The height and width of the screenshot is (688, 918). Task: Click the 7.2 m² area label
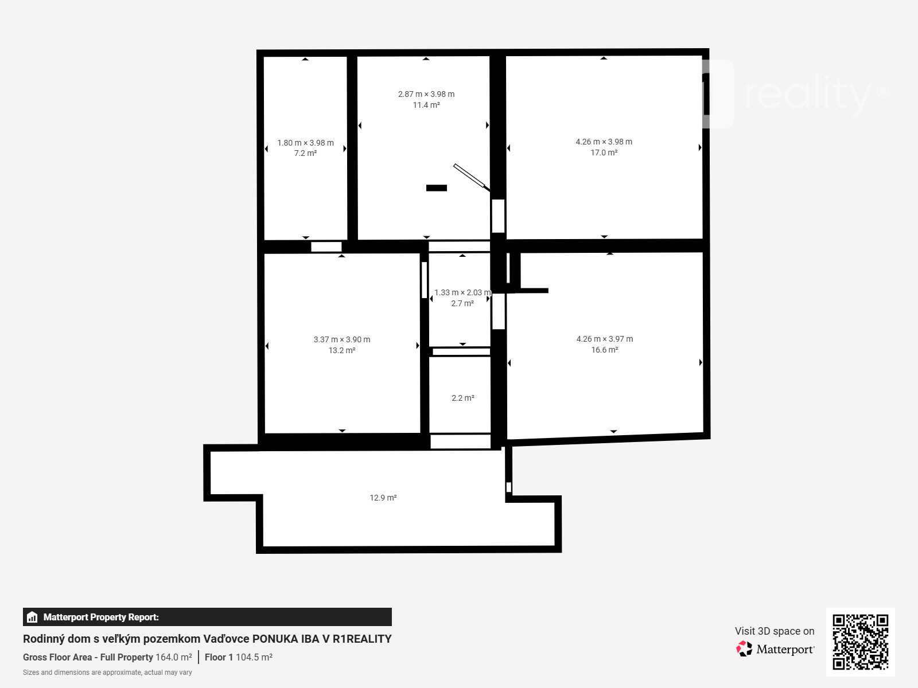coord(305,153)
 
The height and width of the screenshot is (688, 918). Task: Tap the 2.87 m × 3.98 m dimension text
coord(426,94)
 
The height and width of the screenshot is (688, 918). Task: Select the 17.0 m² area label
coord(604,153)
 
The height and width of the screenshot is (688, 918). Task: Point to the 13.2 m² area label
coord(342,350)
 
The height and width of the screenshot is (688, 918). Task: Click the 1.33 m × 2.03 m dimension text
coord(462,292)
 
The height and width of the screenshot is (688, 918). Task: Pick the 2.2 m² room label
coord(463,398)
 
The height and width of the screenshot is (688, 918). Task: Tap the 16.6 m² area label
coord(604,350)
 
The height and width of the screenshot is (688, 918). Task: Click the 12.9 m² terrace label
coord(383,498)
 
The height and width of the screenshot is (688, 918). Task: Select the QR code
coord(860,642)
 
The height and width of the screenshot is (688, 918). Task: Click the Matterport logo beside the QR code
coord(775,649)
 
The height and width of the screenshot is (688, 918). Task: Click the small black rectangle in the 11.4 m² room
coord(436,188)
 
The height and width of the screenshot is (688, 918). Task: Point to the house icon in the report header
coord(32,617)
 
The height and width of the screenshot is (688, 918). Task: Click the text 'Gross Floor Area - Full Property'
coord(88,657)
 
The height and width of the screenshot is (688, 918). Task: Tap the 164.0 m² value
coord(174,657)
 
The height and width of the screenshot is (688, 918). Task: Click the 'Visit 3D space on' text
coord(775,631)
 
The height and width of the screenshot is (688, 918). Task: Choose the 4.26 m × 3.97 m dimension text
coord(604,339)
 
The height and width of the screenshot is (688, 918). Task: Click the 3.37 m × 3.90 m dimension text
coord(342,339)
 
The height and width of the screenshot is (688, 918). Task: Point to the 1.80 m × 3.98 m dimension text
coord(305,143)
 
